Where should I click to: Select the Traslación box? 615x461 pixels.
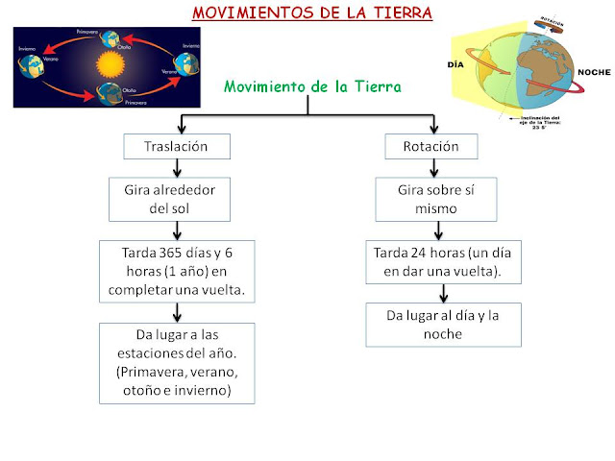pyautogui.click(x=179, y=147)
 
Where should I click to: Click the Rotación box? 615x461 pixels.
pyautogui.click(x=435, y=147)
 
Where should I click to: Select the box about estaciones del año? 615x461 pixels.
pyautogui.click(x=180, y=362)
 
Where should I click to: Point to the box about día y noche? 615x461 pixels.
pyautogui.click(x=443, y=325)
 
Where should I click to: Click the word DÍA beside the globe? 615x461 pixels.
pyautogui.click(x=457, y=64)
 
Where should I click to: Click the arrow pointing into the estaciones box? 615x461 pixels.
pyautogui.click(x=179, y=313)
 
